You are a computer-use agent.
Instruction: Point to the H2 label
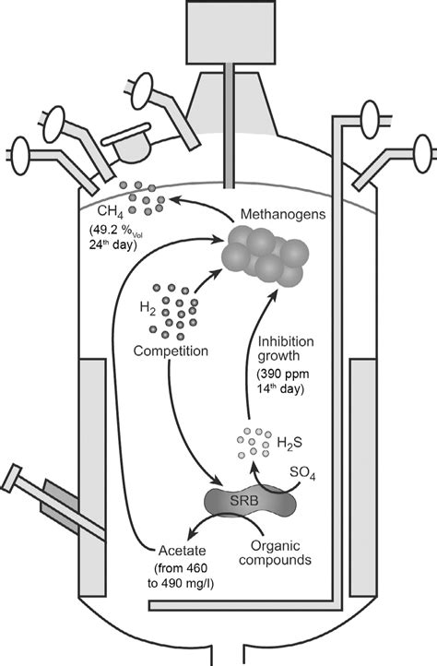pos(148,307)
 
